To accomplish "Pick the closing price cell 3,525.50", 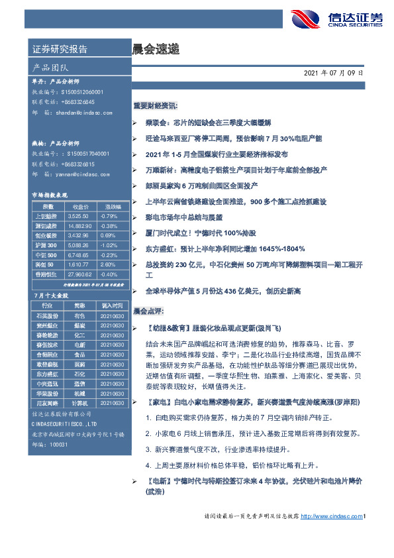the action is click(x=79, y=216).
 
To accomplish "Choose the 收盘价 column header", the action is click(x=79, y=206).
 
